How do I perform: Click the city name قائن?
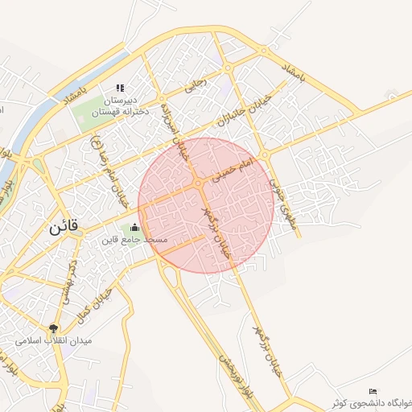pyautogui.click(x=63, y=228)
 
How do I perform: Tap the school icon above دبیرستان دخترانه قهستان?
pyautogui.click(x=121, y=88)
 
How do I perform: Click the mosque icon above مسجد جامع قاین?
pyautogui.click(x=134, y=228)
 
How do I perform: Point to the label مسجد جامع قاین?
pyautogui.click(x=134, y=240)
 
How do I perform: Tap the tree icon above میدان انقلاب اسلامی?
pyautogui.click(x=54, y=328)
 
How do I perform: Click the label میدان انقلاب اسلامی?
pyautogui.click(x=55, y=340)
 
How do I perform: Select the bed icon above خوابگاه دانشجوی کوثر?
pyautogui.click(x=372, y=391)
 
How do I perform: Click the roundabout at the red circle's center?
pyautogui.click(x=198, y=184)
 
